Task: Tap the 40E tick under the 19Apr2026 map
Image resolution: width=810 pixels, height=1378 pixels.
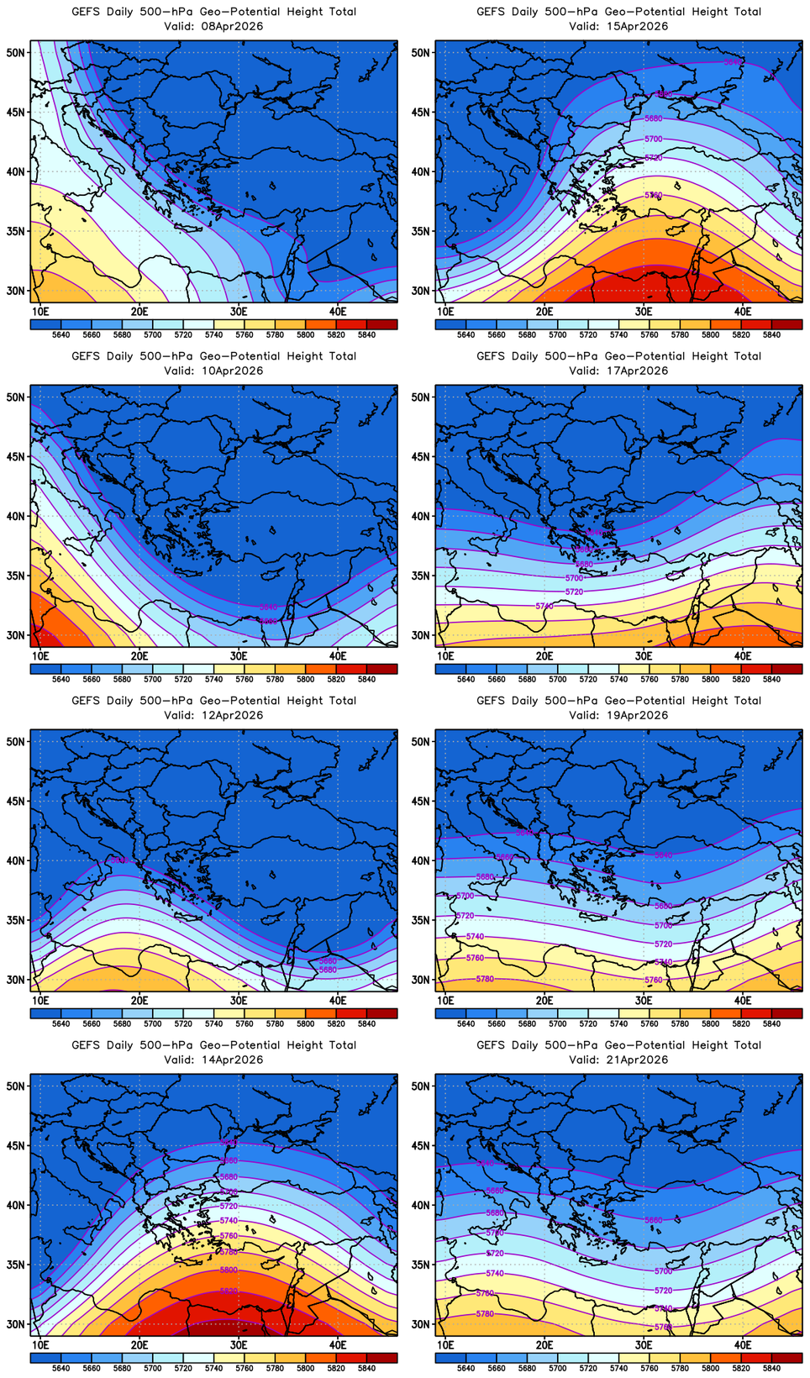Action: [x=743, y=1000]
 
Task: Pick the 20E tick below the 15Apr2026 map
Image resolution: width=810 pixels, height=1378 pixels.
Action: [x=544, y=311]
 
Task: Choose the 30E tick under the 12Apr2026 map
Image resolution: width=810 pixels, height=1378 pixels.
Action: [x=239, y=1000]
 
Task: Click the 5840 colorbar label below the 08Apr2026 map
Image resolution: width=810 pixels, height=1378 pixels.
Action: [x=366, y=334]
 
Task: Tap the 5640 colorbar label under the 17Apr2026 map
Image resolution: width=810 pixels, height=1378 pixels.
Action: [x=465, y=679]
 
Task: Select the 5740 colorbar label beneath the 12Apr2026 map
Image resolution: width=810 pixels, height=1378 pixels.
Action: [x=213, y=1023]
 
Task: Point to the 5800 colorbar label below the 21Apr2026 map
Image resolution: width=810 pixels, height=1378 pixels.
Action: [x=710, y=1368]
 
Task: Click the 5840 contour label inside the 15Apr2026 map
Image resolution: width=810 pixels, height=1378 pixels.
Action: [x=733, y=62]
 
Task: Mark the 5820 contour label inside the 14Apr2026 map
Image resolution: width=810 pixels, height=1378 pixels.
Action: [x=229, y=1291]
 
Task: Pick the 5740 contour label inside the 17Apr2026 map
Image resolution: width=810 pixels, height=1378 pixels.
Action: [x=544, y=606]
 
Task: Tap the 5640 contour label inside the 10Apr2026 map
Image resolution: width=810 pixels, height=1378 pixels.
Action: [x=268, y=607]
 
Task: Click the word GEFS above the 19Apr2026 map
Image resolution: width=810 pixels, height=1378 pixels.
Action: [x=491, y=701]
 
